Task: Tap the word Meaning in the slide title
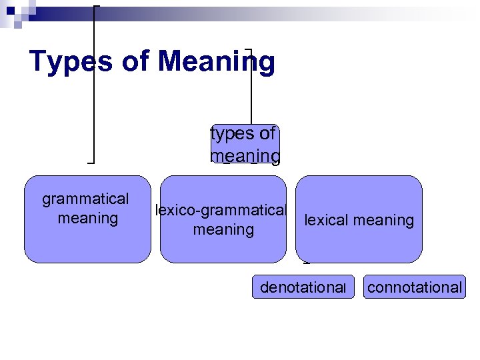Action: pyautogui.click(x=217, y=61)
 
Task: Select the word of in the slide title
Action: pyautogui.click(x=139, y=61)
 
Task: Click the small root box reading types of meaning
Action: pyautogui.click(x=245, y=144)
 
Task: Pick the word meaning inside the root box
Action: pyautogui.click(x=245, y=155)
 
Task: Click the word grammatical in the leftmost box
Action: pyautogui.click(x=85, y=199)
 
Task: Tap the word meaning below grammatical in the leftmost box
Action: pyautogui.click(x=88, y=217)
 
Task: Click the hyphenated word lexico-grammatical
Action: pyautogui.click(x=220, y=211)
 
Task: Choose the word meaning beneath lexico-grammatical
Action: pyautogui.click(x=223, y=230)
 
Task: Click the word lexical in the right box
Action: pyautogui.click(x=327, y=220)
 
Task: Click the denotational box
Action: pyautogui.click(x=303, y=287)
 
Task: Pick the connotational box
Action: pyautogui.click(x=414, y=287)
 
